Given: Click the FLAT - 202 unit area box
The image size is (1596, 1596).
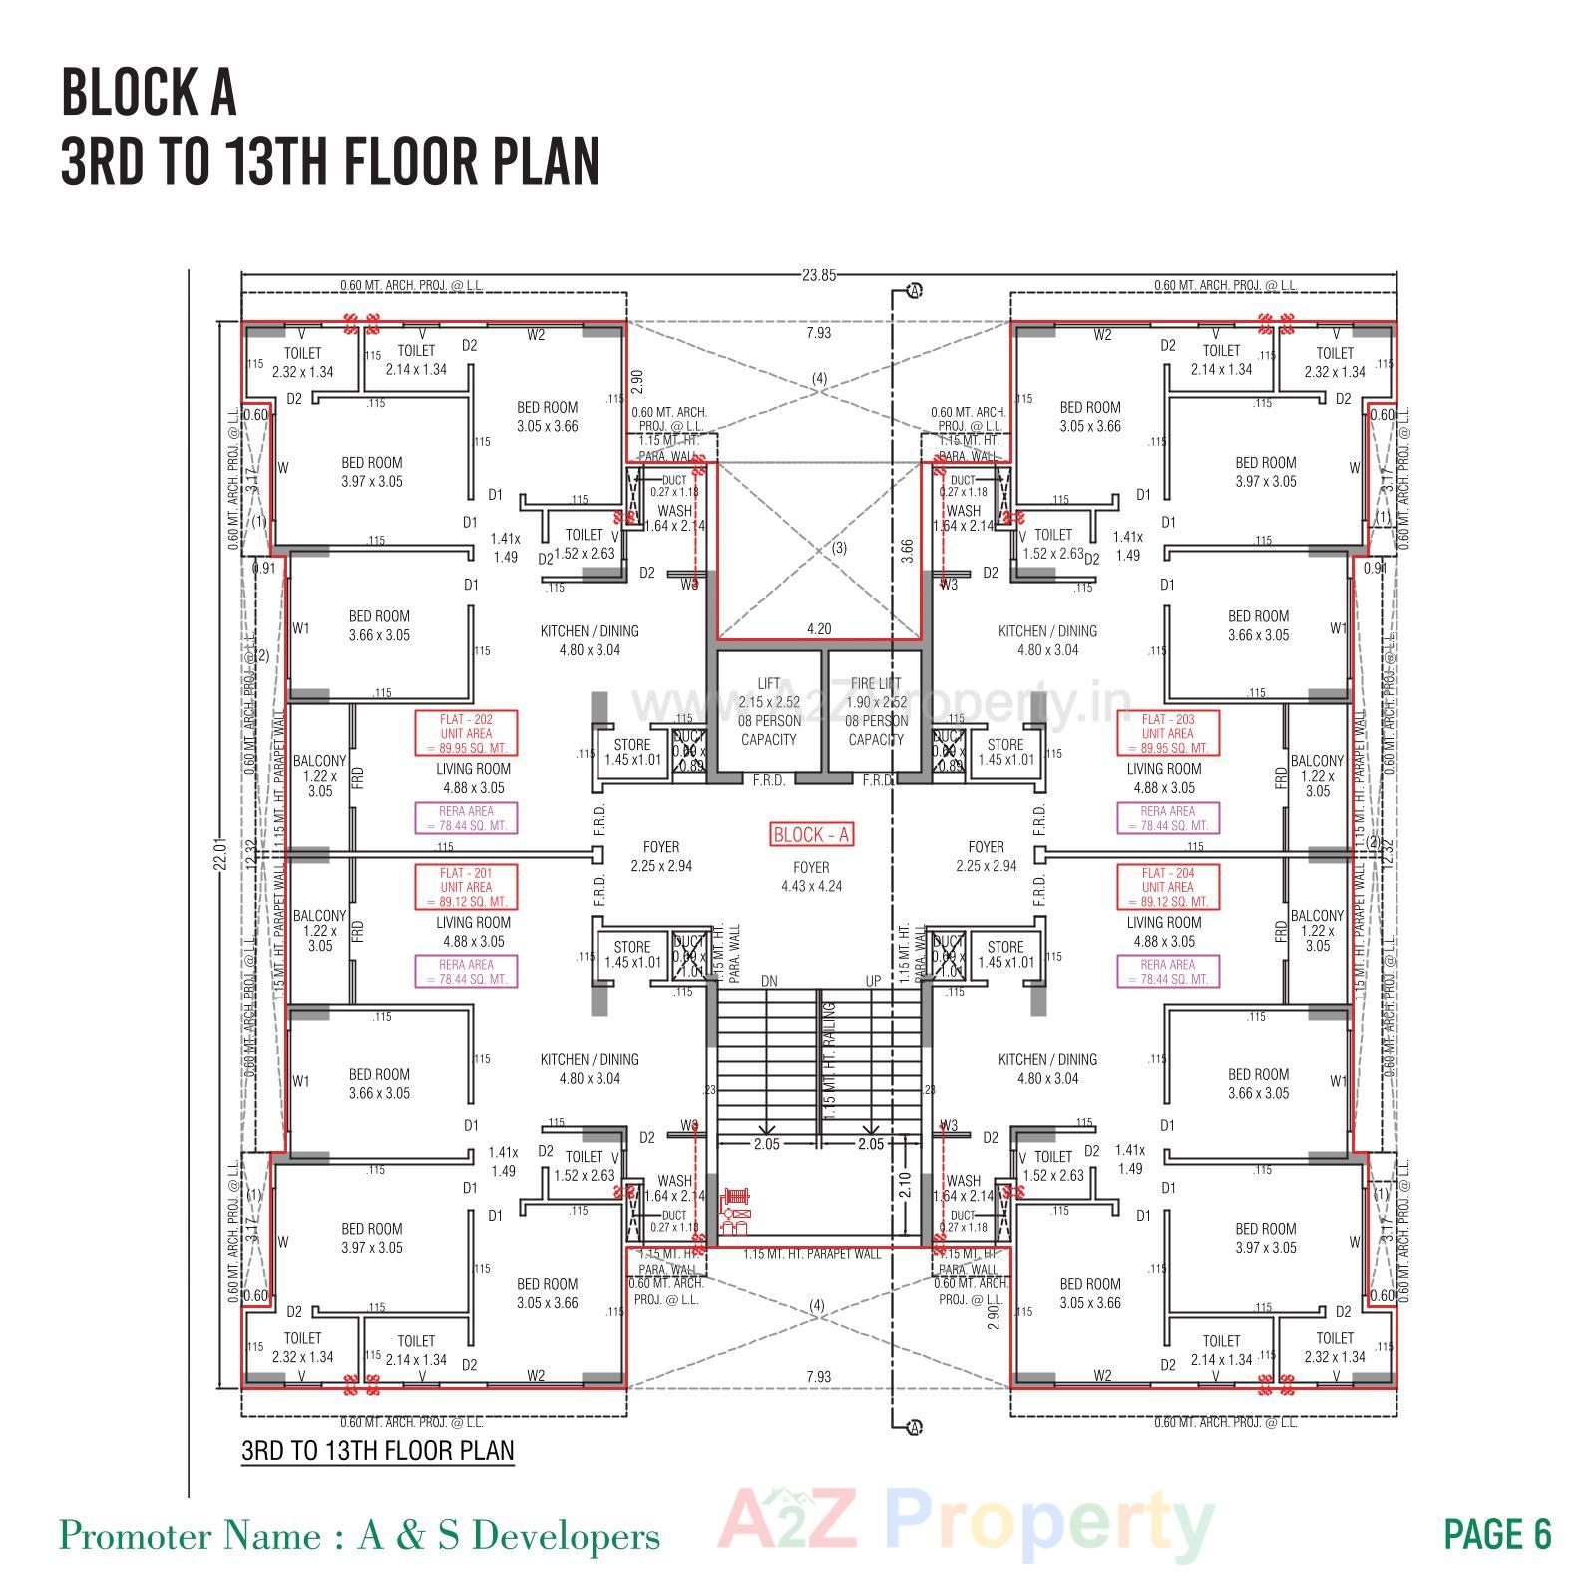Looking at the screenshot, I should (x=467, y=733).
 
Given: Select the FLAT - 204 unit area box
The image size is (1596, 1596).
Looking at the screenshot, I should (x=1166, y=887).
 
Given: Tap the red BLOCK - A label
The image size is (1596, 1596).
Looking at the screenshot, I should (x=811, y=835).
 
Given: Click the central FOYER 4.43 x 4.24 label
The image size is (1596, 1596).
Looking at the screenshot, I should (x=811, y=877).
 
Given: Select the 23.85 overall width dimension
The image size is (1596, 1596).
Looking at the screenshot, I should (x=818, y=275).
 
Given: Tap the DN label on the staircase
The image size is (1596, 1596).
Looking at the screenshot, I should (x=769, y=981).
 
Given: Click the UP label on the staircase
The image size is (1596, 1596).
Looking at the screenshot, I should (x=873, y=981).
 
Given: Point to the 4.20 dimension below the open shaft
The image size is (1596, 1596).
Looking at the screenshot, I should (x=818, y=629).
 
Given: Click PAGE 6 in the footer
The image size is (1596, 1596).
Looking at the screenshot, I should (x=1497, y=1535).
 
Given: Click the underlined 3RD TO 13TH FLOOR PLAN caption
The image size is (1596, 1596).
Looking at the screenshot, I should (x=378, y=1450).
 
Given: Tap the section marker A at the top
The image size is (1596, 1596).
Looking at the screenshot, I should (x=914, y=291).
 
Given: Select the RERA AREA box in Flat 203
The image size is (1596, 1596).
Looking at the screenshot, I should (x=1166, y=818).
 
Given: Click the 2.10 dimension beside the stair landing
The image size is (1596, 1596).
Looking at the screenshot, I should (x=904, y=1184).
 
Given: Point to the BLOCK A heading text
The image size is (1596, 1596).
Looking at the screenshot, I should (x=150, y=93).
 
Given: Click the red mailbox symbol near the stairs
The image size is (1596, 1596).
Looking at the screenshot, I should (x=735, y=1210).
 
